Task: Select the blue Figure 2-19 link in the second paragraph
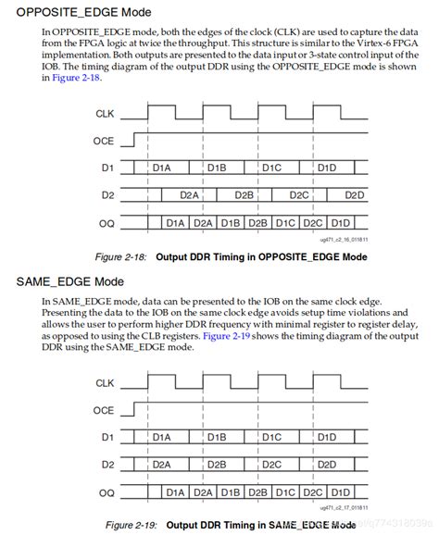(227, 336)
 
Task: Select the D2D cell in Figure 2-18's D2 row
(354, 195)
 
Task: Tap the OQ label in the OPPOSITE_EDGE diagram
(106, 223)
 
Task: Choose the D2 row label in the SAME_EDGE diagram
(107, 465)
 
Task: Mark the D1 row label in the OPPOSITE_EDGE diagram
(107, 168)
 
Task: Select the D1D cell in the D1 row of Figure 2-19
(327, 437)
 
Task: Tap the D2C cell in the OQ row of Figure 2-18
(313, 223)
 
